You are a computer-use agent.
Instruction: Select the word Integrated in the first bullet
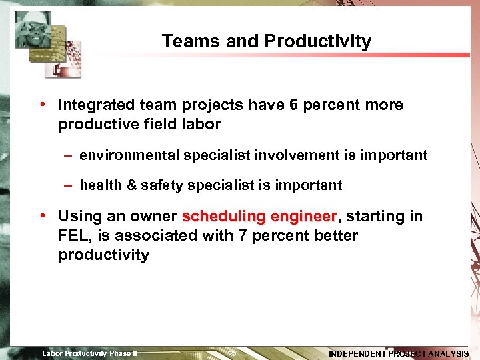pyautogui.click(x=95, y=105)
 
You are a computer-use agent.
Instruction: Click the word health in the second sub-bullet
pyautogui.click(x=101, y=185)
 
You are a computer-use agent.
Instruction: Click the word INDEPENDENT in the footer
pyautogui.click(x=358, y=353)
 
